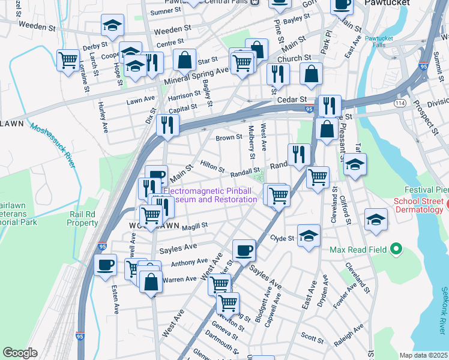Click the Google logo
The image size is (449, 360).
click(20, 353)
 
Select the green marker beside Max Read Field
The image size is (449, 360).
click(395, 248)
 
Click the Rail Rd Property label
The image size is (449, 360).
click(83, 218)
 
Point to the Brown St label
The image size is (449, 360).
click(229, 137)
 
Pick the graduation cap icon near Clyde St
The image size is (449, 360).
click(309, 235)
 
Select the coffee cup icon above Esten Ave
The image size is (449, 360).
click(105, 265)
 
